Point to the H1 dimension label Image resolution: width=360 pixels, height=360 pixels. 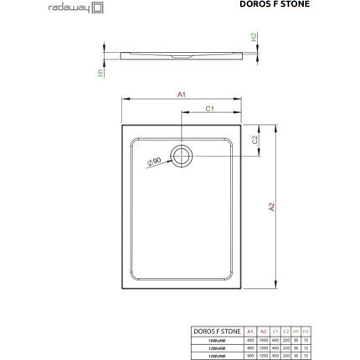(x=99, y=73)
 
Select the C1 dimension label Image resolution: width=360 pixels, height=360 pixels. (x=211, y=109)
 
